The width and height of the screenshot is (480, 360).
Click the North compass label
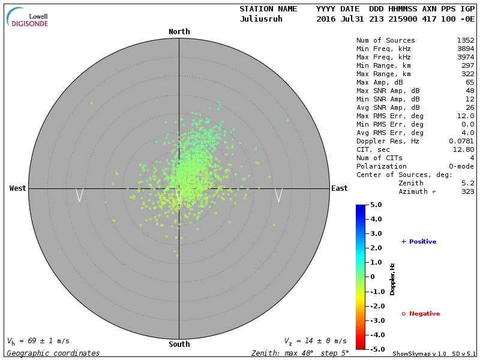click(179, 32)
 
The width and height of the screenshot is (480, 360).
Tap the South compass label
click(179, 344)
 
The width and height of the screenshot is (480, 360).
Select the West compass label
click(18, 188)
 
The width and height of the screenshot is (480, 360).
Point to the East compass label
click(339, 188)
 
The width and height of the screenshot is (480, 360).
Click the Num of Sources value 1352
click(465, 41)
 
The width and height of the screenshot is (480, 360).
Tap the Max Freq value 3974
click(465, 57)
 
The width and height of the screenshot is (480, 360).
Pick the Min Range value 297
click(467, 65)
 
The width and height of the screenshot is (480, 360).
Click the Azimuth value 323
click(467, 191)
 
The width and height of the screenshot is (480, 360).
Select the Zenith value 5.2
click(467, 183)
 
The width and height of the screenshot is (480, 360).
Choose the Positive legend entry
click(418, 242)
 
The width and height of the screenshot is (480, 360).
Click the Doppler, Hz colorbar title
click(392, 279)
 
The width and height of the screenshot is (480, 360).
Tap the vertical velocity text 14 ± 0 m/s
click(315, 341)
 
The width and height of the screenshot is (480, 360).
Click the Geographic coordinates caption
click(53, 353)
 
